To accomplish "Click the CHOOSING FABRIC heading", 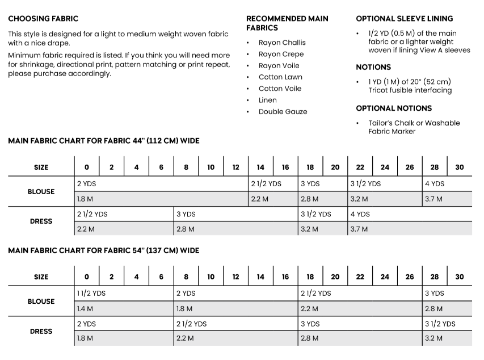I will coord(43,19).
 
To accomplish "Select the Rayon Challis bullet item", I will coord(282,43).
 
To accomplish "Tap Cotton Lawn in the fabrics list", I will coord(280,77).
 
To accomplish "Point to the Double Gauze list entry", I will coord(283,111).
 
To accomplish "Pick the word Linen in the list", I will coord(267,100).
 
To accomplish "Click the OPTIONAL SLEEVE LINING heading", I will coord(405,19).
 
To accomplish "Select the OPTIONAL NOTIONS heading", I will coord(394,108).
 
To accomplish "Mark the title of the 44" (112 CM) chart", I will coord(104,140).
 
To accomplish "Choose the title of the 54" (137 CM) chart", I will coord(104,250).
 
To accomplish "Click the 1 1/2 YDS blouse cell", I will coord(91,294).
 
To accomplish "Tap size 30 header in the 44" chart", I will coord(460,168).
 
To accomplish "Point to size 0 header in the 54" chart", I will coord(87,277).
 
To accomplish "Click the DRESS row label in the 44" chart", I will coord(41,221).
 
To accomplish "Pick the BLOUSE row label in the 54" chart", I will coord(41,302).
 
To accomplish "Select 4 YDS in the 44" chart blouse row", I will coord(435,184).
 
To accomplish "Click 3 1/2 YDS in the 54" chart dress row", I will coord(440,324).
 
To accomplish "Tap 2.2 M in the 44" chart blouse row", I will coord(259,199).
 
